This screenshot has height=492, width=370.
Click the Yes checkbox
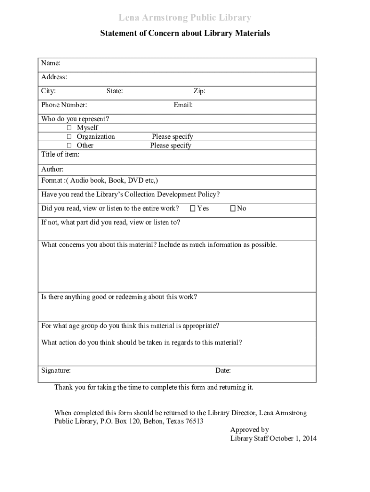[x=192, y=209]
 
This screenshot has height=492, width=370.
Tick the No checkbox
[x=233, y=209]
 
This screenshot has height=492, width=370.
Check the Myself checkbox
[x=69, y=128]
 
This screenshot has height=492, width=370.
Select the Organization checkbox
[x=69, y=136]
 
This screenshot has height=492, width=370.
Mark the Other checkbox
[x=69, y=145]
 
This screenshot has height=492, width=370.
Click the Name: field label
[x=50, y=63]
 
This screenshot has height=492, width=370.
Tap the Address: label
[x=54, y=77]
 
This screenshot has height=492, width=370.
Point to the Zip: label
[x=199, y=91]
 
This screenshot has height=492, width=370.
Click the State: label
[x=114, y=91]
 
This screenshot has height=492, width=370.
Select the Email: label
[x=183, y=105]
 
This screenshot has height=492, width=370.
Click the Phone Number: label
[x=64, y=105]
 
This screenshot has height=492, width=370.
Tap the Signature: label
[x=56, y=370]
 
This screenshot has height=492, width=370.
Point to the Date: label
[x=223, y=370]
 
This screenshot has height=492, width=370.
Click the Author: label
[x=52, y=169]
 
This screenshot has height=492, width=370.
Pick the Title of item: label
[x=60, y=154]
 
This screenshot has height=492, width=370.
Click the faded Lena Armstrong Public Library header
[x=185, y=18]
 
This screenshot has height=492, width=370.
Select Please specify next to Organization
[x=173, y=136]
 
